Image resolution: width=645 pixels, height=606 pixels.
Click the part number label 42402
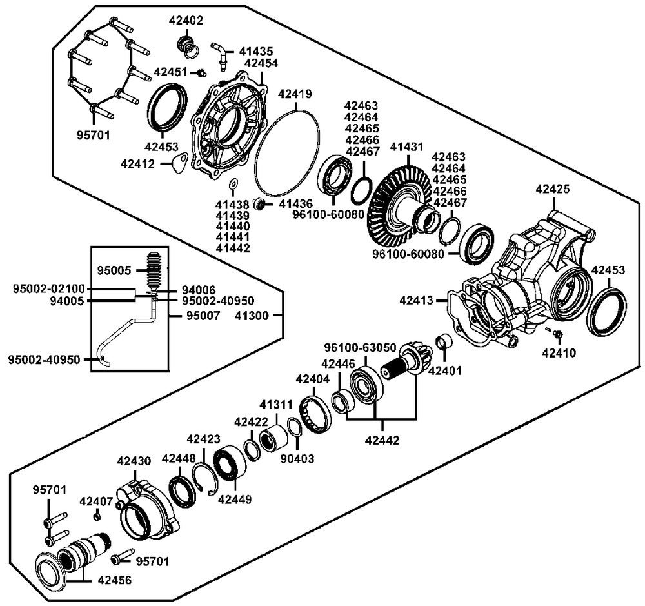pyautogui.click(x=186, y=20)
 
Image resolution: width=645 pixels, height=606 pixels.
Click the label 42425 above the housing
pyautogui.click(x=553, y=189)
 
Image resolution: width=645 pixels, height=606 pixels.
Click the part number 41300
pyautogui.click(x=252, y=316)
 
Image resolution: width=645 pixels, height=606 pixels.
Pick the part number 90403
pyautogui.click(x=297, y=458)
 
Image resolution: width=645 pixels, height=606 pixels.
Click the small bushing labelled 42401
pyautogui.click(x=444, y=341)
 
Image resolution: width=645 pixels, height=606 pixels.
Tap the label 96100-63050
pyautogui.click(x=360, y=347)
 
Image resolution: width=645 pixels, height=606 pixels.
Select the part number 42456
pyautogui.click(x=115, y=580)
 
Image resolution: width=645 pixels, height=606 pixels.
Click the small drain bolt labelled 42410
pyautogui.click(x=557, y=334)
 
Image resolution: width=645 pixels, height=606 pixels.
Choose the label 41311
pyautogui.click(x=276, y=404)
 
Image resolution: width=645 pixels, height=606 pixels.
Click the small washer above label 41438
pyautogui.click(x=233, y=183)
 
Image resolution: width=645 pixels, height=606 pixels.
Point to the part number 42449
pyautogui.click(x=235, y=499)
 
